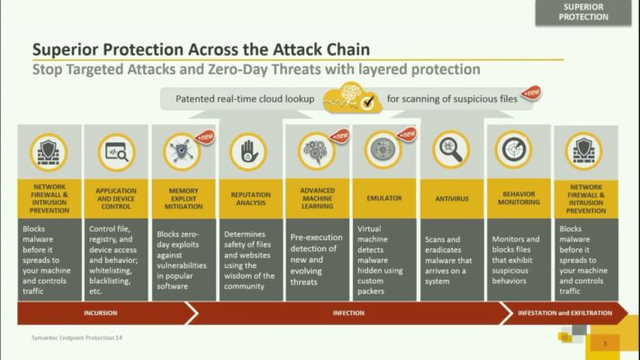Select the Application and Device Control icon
[115, 151]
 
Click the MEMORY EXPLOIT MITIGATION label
[183, 195]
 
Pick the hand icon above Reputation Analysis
[248, 151]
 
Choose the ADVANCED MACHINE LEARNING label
[317, 195]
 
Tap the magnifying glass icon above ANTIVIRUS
[450, 150]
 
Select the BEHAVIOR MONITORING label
[518, 195]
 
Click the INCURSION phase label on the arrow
[101, 313]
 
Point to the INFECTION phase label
[348, 313]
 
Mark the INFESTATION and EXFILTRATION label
[564, 313]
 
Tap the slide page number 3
[605, 343]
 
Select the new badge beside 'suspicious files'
[532, 92]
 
